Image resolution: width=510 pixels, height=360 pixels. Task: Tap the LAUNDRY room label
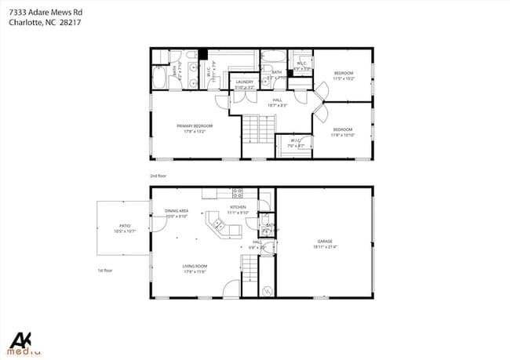(x=245, y=82)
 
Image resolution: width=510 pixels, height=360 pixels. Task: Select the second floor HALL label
(x=277, y=100)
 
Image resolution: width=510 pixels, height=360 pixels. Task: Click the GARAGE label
(x=325, y=241)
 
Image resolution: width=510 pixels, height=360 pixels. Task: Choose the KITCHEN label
(x=238, y=208)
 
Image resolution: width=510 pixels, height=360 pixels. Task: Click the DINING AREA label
(x=177, y=211)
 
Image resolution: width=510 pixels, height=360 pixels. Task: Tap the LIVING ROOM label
(x=195, y=267)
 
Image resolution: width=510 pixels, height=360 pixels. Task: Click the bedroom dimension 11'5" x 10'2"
(x=343, y=78)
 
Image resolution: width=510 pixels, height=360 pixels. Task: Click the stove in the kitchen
(x=237, y=193)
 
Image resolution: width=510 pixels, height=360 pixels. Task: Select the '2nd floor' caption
(x=158, y=176)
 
